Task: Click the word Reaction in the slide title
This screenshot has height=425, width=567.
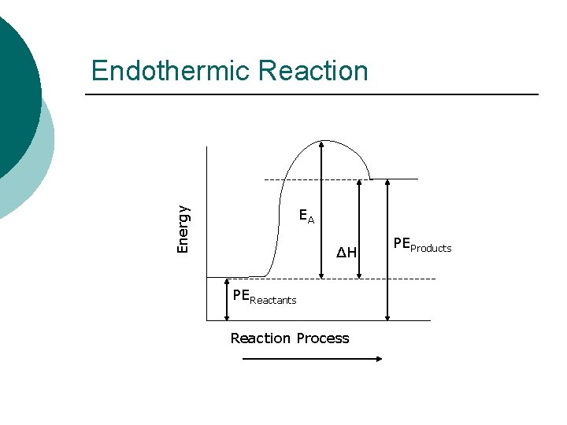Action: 313,71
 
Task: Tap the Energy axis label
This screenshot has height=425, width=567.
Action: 183,229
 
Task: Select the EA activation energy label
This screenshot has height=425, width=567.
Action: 306,216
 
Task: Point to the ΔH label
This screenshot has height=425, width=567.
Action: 346,253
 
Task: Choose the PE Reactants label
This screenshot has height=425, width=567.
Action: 265,297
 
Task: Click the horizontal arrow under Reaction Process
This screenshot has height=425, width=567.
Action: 312,359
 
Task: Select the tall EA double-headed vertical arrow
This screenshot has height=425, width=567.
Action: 321,209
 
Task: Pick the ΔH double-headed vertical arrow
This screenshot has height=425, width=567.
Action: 359,228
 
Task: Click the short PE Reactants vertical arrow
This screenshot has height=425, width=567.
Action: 227,299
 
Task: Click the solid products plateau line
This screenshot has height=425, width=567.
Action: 394,179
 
